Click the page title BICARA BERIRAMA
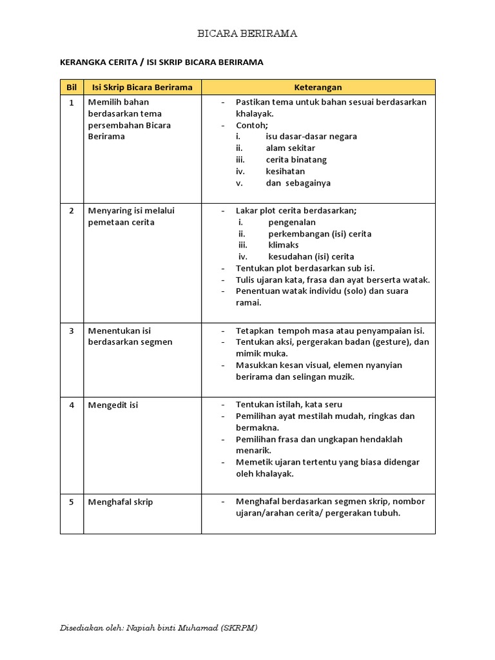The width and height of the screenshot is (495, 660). pyautogui.click(x=247, y=34)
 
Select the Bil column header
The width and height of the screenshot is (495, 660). pyautogui.click(x=72, y=87)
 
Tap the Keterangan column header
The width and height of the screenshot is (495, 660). pyautogui.click(x=318, y=87)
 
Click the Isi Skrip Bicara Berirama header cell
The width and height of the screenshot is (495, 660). pyautogui.click(x=142, y=87)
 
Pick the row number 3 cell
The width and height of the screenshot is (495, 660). pyautogui.click(x=72, y=331)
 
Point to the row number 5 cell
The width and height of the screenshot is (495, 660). pyautogui.click(x=72, y=502)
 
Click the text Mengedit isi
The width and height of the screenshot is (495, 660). pyautogui.click(x=113, y=405)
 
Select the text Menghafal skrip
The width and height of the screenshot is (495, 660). pyautogui.click(x=121, y=502)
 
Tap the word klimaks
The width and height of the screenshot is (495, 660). pyautogui.click(x=284, y=246)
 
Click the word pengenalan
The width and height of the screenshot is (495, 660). pyautogui.click(x=292, y=222)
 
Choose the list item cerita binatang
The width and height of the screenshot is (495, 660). pyautogui.click(x=296, y=160)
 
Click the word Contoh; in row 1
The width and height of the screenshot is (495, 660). pyautogui.click(x=251, y=125)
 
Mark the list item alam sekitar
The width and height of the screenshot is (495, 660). pyautogui.click(x=290, y=148)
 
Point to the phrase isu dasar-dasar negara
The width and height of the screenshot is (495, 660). pyautogui.click(x=311, y=137)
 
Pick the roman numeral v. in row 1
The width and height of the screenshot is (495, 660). pyautogui.click(x=238, y=183)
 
